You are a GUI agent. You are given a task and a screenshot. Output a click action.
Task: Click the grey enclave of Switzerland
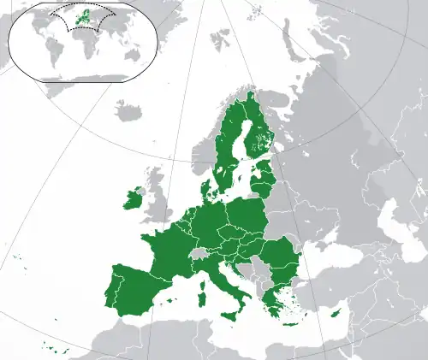coord(198,254)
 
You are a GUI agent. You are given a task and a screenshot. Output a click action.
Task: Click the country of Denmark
coord(207,186)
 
